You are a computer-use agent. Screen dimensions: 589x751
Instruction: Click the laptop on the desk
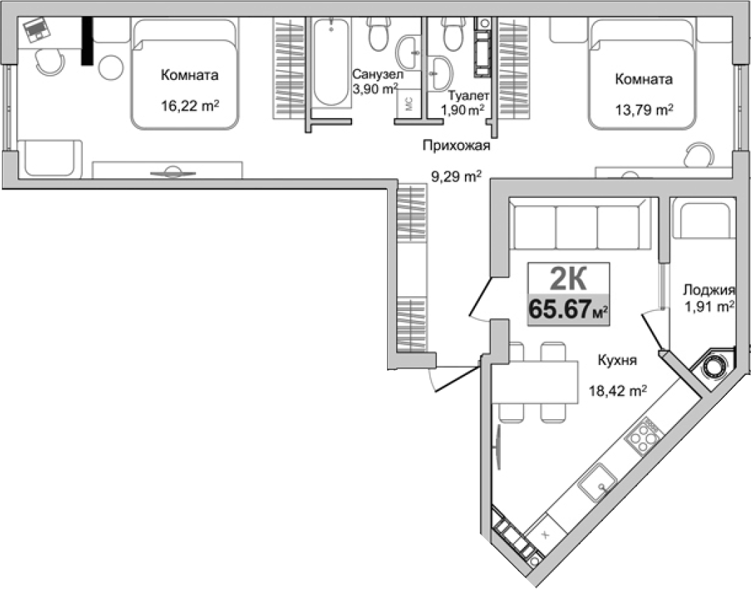(x=34, y=30)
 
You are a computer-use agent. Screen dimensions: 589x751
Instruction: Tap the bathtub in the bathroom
(x=330, y=62)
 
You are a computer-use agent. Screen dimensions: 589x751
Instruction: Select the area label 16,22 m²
(x=189, y=107)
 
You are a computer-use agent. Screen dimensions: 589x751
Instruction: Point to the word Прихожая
(x=455, y=146)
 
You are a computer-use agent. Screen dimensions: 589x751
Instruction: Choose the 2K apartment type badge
(x=568, y=280)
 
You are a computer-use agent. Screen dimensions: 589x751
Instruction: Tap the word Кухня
(x=617, y=361)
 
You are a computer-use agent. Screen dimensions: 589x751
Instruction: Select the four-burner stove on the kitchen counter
(x=643, y=437)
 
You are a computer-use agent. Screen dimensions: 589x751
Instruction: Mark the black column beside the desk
(x=87, y=41)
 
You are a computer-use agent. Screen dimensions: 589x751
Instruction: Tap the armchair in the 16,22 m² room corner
(x=49, y=159)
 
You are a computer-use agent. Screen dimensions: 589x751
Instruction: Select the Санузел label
(x=377, y=74)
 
